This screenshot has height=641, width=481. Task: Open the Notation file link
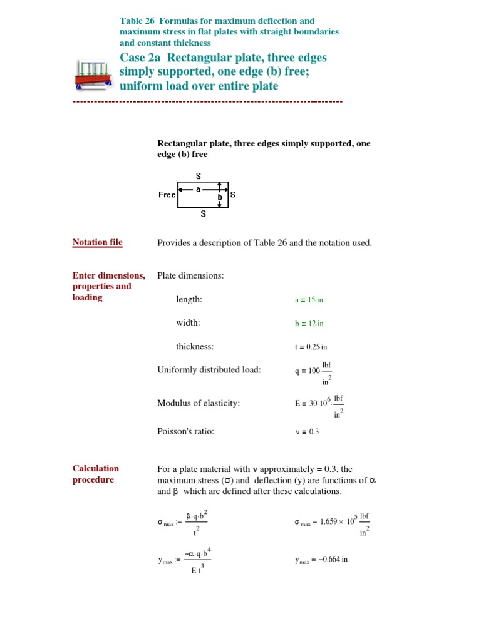[x=97, y=242]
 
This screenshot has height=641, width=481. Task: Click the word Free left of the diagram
[x=167, y=195]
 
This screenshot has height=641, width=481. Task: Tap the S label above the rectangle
[x=199, y=176]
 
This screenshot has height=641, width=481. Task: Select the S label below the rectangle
[x=203, y=213]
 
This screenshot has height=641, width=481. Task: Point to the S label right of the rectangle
[x=233, y=195]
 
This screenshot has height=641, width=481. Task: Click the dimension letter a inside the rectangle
[x=198, y=188]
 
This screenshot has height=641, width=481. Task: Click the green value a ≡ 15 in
[x=309, y=300]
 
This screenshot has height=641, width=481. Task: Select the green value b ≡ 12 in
[x=309, y=324]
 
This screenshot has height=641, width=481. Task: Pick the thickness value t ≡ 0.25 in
[x=311, y=347]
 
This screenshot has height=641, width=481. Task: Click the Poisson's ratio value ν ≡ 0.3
[x=307, y=432]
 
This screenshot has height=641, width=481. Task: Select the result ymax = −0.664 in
[x=321, y=560]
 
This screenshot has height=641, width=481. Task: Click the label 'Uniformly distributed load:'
[x=209, y=370]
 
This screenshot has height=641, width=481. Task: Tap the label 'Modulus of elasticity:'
[x=199, y=403]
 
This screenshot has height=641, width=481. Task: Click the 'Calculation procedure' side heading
[x=95, y=474]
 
